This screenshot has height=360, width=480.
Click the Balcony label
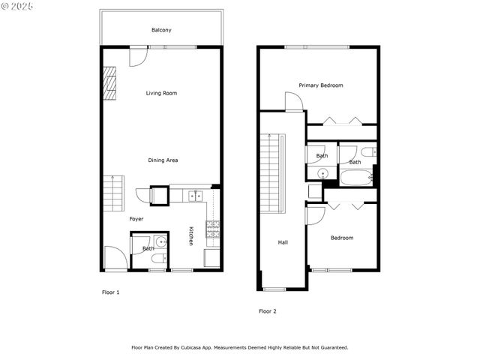click(161, 30)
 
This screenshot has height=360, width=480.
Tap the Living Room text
click(161, 93)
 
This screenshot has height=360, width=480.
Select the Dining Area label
click(163, 160)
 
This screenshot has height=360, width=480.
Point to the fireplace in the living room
click(110, 82)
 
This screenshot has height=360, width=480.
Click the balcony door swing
click(137, 57)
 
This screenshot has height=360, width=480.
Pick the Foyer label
click(136, 219)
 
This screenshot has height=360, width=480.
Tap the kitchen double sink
click(195, 196)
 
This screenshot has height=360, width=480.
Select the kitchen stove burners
click(212, 229)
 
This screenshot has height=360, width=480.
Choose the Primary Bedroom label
click(321, 85)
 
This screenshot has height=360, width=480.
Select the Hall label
click(283, 242)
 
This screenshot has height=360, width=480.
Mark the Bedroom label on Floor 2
click(342, 238)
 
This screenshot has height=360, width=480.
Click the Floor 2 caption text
click(268, 310)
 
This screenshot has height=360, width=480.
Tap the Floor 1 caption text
click(110, 292)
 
